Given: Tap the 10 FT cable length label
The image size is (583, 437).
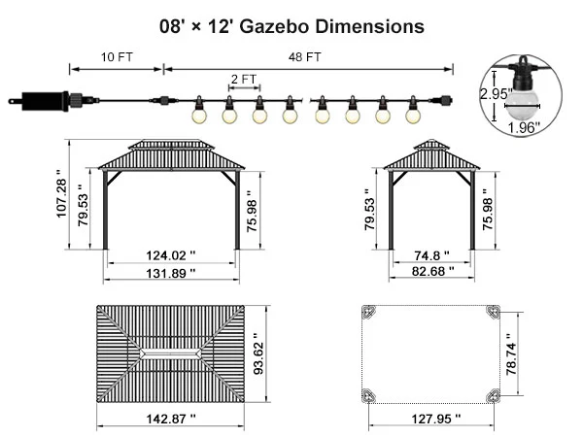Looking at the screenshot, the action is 117,57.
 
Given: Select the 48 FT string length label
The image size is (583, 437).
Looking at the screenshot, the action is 304,57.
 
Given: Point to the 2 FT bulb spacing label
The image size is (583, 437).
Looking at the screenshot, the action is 244,80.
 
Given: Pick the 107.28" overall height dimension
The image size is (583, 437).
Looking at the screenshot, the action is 61,193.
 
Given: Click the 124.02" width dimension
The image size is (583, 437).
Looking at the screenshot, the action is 171,255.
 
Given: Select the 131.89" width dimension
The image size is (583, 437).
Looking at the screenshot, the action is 171,274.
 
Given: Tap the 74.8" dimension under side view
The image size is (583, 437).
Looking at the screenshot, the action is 431,255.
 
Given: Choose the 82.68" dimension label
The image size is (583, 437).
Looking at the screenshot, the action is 432,271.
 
